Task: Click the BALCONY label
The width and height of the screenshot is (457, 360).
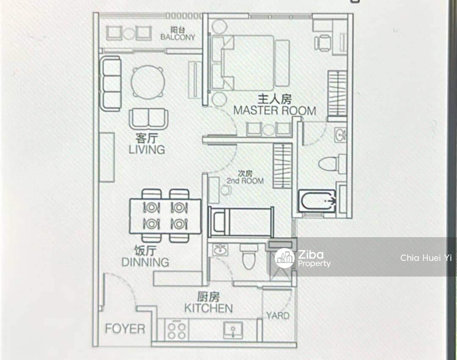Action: (178, 37)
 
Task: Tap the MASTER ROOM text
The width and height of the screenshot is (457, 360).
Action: (274, 111)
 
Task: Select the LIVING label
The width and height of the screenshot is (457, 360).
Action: (147, 150)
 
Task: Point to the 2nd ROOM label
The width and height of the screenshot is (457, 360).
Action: (245, 181)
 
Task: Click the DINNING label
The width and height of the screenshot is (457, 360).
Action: (145, 262)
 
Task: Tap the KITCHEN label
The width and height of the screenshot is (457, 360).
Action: (208, 308)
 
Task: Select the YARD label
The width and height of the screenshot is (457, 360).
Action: (278, 316)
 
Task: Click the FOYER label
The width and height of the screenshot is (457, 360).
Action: (125, 329)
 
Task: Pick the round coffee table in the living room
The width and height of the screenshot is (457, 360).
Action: (148, 82)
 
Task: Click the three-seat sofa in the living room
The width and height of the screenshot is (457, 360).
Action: (111, 84)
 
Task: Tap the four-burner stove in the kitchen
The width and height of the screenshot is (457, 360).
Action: (177, 330)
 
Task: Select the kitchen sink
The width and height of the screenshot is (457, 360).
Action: (233, 330)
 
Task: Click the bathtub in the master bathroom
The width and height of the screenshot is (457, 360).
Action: (317, 201)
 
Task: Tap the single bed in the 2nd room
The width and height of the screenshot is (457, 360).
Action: (241, 222)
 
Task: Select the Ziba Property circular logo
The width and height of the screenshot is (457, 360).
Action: (285, 258)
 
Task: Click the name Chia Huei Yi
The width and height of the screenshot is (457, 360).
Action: (426, 258)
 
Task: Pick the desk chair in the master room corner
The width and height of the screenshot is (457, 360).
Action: (322, 43)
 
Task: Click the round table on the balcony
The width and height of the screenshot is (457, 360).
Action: (128, 33)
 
